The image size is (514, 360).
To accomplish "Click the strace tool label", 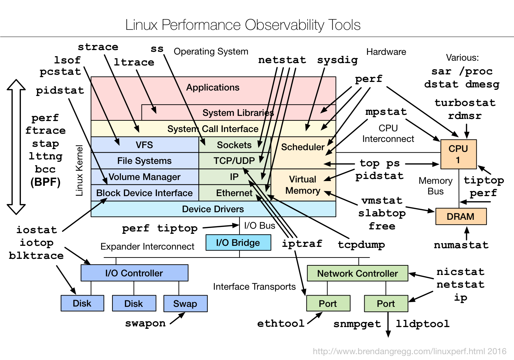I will tap(98, 47).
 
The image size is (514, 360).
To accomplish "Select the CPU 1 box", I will tap(458, 154).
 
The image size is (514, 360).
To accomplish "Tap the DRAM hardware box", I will tap(461, 217).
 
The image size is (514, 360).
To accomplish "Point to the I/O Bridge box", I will tap(238, 243).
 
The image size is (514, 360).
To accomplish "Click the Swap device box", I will tap(185, 304).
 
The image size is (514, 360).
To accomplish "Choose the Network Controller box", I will tap(357, 274).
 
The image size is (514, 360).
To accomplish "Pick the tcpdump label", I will tap(361, 244).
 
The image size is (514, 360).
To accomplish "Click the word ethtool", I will tap(281, 323).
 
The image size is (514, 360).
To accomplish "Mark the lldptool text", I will tap(423, 324).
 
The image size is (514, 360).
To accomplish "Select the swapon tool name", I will tap(145, 323).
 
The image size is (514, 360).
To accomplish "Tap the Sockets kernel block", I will tap(234, 145).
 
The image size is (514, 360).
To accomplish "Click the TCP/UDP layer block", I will tap(234, 161).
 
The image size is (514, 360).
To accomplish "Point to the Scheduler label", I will tap(303, 147).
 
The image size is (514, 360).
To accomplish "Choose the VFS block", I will tap(144, 145).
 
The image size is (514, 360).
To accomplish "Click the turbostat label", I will tap(465, 103).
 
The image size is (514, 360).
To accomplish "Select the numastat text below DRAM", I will tap(461, 245).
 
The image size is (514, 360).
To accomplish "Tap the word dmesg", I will tap(482, 84).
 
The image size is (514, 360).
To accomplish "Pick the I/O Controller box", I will tap(134, 273).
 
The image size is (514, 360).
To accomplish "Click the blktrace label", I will tap(36, 256).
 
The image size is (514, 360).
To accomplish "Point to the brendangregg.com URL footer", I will tap(409, 351).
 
